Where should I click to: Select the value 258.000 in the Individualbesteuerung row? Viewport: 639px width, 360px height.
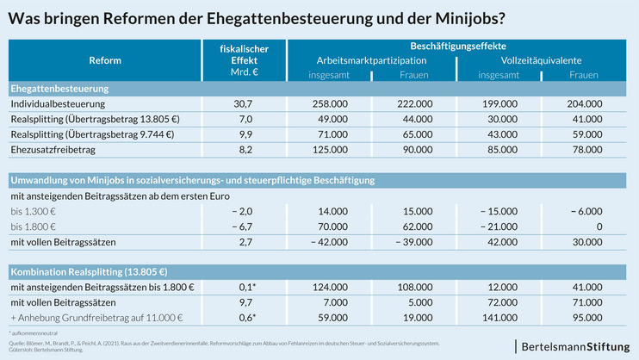[x=331, y=103]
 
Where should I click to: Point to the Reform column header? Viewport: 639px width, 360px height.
[x=105, y=61]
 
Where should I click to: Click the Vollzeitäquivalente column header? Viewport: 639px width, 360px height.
[x=541, y=61]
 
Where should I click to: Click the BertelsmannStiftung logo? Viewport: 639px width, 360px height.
[x=574, y=345]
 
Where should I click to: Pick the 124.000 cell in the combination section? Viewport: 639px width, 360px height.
[x=331, y=286]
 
